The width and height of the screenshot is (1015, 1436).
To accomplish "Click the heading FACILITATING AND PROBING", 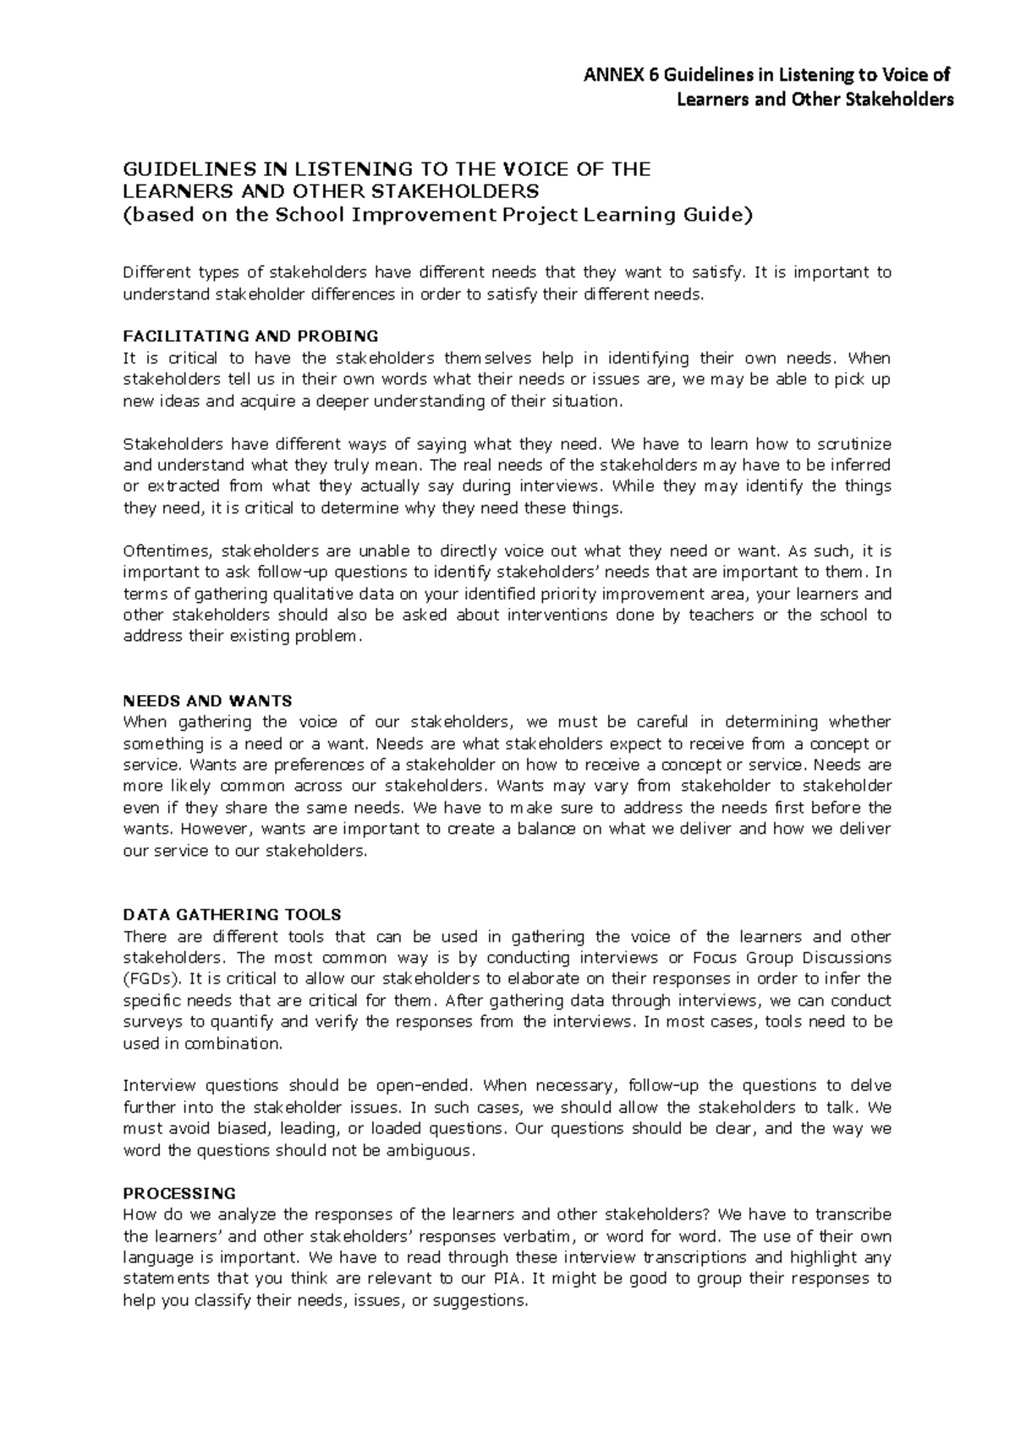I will point(250,336).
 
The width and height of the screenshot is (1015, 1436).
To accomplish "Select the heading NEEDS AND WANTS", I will point(207,701).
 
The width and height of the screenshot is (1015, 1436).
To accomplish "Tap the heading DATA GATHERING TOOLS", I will point(232,914).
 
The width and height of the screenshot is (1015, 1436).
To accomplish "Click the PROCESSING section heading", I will point(179,1193).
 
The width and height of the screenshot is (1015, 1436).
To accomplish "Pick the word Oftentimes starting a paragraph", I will point(167,551).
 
